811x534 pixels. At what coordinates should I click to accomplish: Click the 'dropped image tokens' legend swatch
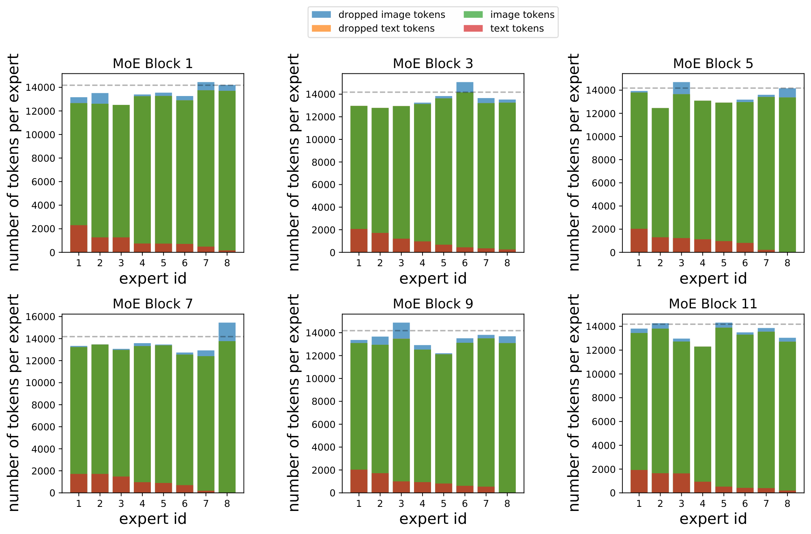tap(321, 15)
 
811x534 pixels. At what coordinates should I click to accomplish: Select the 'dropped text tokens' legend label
tap(386, 28)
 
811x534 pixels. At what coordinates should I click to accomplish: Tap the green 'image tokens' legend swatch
tap(473, 15)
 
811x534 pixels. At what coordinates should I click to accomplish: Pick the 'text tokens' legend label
tap(517, 28)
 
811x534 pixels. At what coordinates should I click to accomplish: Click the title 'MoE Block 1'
tap(152, 64)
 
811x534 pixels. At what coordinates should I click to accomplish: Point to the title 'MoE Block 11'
tap(713, 304)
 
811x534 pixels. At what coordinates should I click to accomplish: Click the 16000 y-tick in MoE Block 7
tap(40, 317)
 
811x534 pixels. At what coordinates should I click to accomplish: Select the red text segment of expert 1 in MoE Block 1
tap(79, 239)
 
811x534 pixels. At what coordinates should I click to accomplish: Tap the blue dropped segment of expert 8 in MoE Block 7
tap(227, 332)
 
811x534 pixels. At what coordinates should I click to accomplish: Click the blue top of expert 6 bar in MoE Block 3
tap(465, 87)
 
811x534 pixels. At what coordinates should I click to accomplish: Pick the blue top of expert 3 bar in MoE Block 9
tap(401, 331)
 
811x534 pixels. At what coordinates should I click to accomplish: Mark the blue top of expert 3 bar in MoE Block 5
tap(681, 88)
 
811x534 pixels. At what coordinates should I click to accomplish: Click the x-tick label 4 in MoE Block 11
tap(702, 504)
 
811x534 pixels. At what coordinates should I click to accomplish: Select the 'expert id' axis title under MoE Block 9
tap(433, 519)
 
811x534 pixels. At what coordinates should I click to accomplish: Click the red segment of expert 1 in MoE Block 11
tap(639, 481)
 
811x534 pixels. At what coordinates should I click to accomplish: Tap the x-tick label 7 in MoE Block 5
tap(766, 263)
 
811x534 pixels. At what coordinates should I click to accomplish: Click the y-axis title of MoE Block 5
tap(574, 162)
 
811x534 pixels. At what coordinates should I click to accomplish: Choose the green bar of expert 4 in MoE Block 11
tap(702, 413)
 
